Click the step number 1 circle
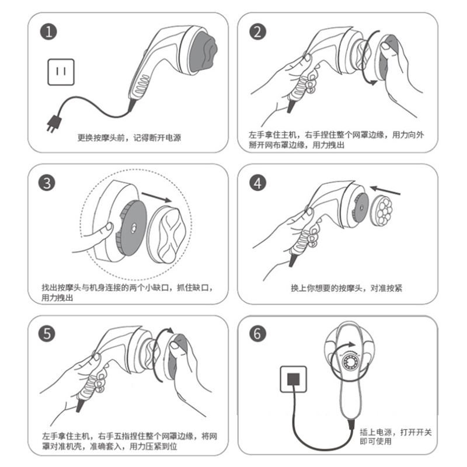[48, 32]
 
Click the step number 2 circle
[257, 32]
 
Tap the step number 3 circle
[47, 183]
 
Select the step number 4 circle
[257, 183]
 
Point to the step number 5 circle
[47, 333]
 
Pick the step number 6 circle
[257, 333]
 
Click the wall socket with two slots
[61, 72]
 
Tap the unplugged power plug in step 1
[53, 123]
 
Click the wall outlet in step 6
[294, 379]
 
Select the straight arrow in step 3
[156, 197]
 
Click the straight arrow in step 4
[385, 190]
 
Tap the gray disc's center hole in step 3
[133, 228]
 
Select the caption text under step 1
[129, 138]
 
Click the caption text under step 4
[346, 288]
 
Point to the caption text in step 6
[396, 437]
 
